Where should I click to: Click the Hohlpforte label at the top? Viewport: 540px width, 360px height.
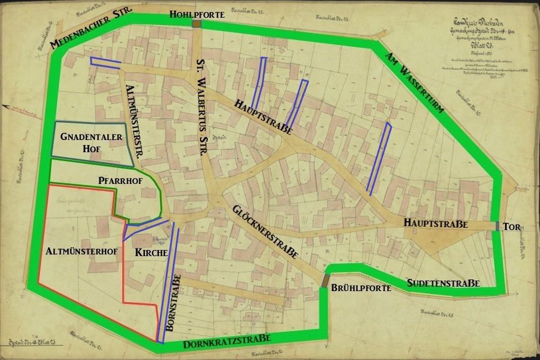[x=197, y=14]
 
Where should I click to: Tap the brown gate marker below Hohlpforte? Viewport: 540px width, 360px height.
[x=197, y=24]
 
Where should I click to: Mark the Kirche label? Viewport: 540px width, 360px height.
[x=152, y=252]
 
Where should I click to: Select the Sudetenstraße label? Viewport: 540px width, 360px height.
[x=443, y=283]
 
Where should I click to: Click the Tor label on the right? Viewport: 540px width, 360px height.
[x=511, y=227]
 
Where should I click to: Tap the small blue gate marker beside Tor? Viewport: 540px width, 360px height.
[x=496, y=226]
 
